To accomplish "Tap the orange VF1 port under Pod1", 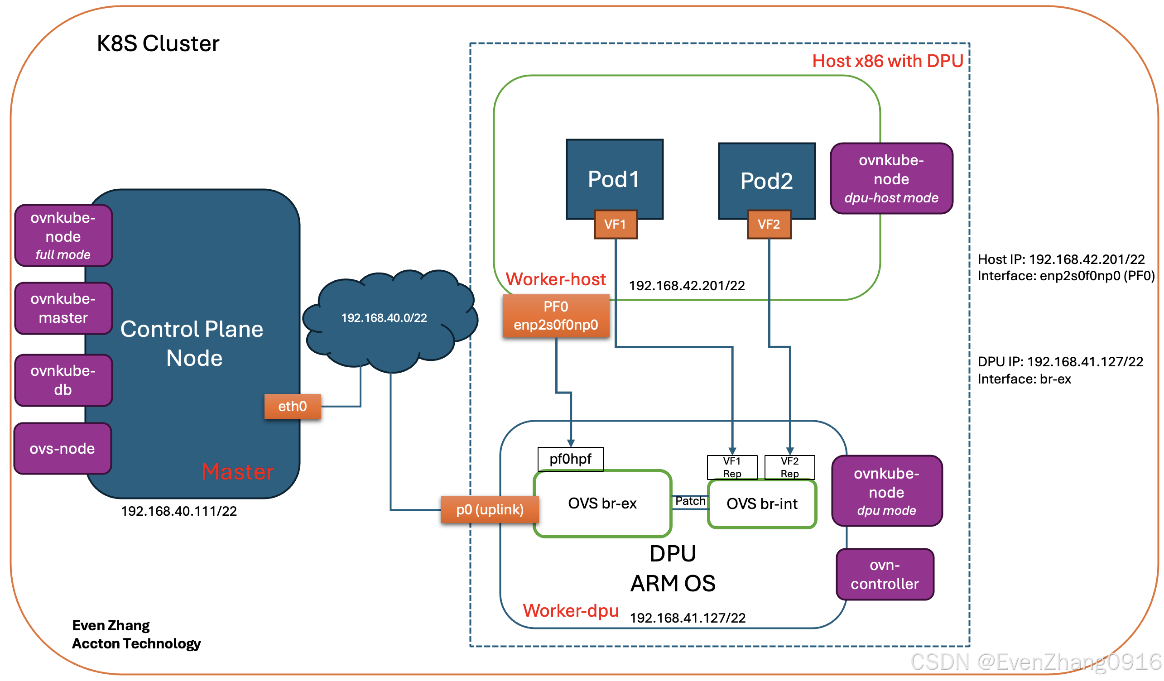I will tap(616, 225).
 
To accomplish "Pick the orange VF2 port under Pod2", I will tap(769, 225).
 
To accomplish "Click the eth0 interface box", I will tap(293, 407).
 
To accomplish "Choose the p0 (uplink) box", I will tap(490, 510).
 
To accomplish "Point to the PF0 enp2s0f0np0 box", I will tap(556, 316).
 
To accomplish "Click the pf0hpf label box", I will tap(571, 460).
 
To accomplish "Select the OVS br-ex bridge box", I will tap(602, 504).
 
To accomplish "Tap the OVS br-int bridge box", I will tap(762, 504).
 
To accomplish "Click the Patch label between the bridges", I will tap(691, 501).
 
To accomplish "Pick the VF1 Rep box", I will tap(732, 467).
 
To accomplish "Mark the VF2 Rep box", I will tap(790, 467).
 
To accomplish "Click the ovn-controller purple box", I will tap(885, 575).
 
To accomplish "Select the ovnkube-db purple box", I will tap(63, 380).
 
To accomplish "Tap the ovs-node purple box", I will tap(63, 449).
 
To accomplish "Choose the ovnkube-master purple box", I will tap(63, 308).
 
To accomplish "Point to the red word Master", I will tap(238, 472).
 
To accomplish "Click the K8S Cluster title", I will tap(158, 44).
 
